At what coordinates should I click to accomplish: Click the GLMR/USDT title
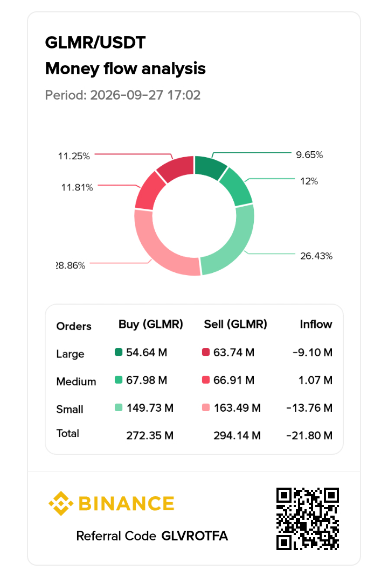pyautogui.click(x=95, y=43)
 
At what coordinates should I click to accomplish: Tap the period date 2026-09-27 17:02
pyautogui.click(x=145, y=95)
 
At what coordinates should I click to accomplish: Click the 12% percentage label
pyautogui.click(x=309, y=181)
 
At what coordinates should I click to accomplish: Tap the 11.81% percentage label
pyautogui.click(x=77, y=188)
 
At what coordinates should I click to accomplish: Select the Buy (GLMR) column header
pyautogui.click(x=151, y=324)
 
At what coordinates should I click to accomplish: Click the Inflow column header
pyautogui.click(x=316, y=324)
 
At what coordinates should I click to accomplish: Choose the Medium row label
pyautogui.click(x=77, y=382)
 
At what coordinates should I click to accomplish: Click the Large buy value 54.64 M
pyautogui.click(x=147, y=353)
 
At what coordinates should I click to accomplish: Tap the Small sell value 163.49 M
pyautogui.click(x=237, y=408)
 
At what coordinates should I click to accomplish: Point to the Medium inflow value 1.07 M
pyautogui.click(x=315, y=380)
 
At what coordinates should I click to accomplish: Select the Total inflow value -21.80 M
pyautogui.click(x=309, y=435)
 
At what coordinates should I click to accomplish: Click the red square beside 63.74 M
pyautogui.click(x=206, y=352)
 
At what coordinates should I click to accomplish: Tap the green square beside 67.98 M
pyautogui.click(x=118, y=380)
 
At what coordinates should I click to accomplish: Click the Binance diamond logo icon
pyautogui.click(x=61, y=503)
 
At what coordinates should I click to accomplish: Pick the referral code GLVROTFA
pyautogui.click(x=195, y=536)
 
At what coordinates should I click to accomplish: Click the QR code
pyautogui.click(x=308, y=519)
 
